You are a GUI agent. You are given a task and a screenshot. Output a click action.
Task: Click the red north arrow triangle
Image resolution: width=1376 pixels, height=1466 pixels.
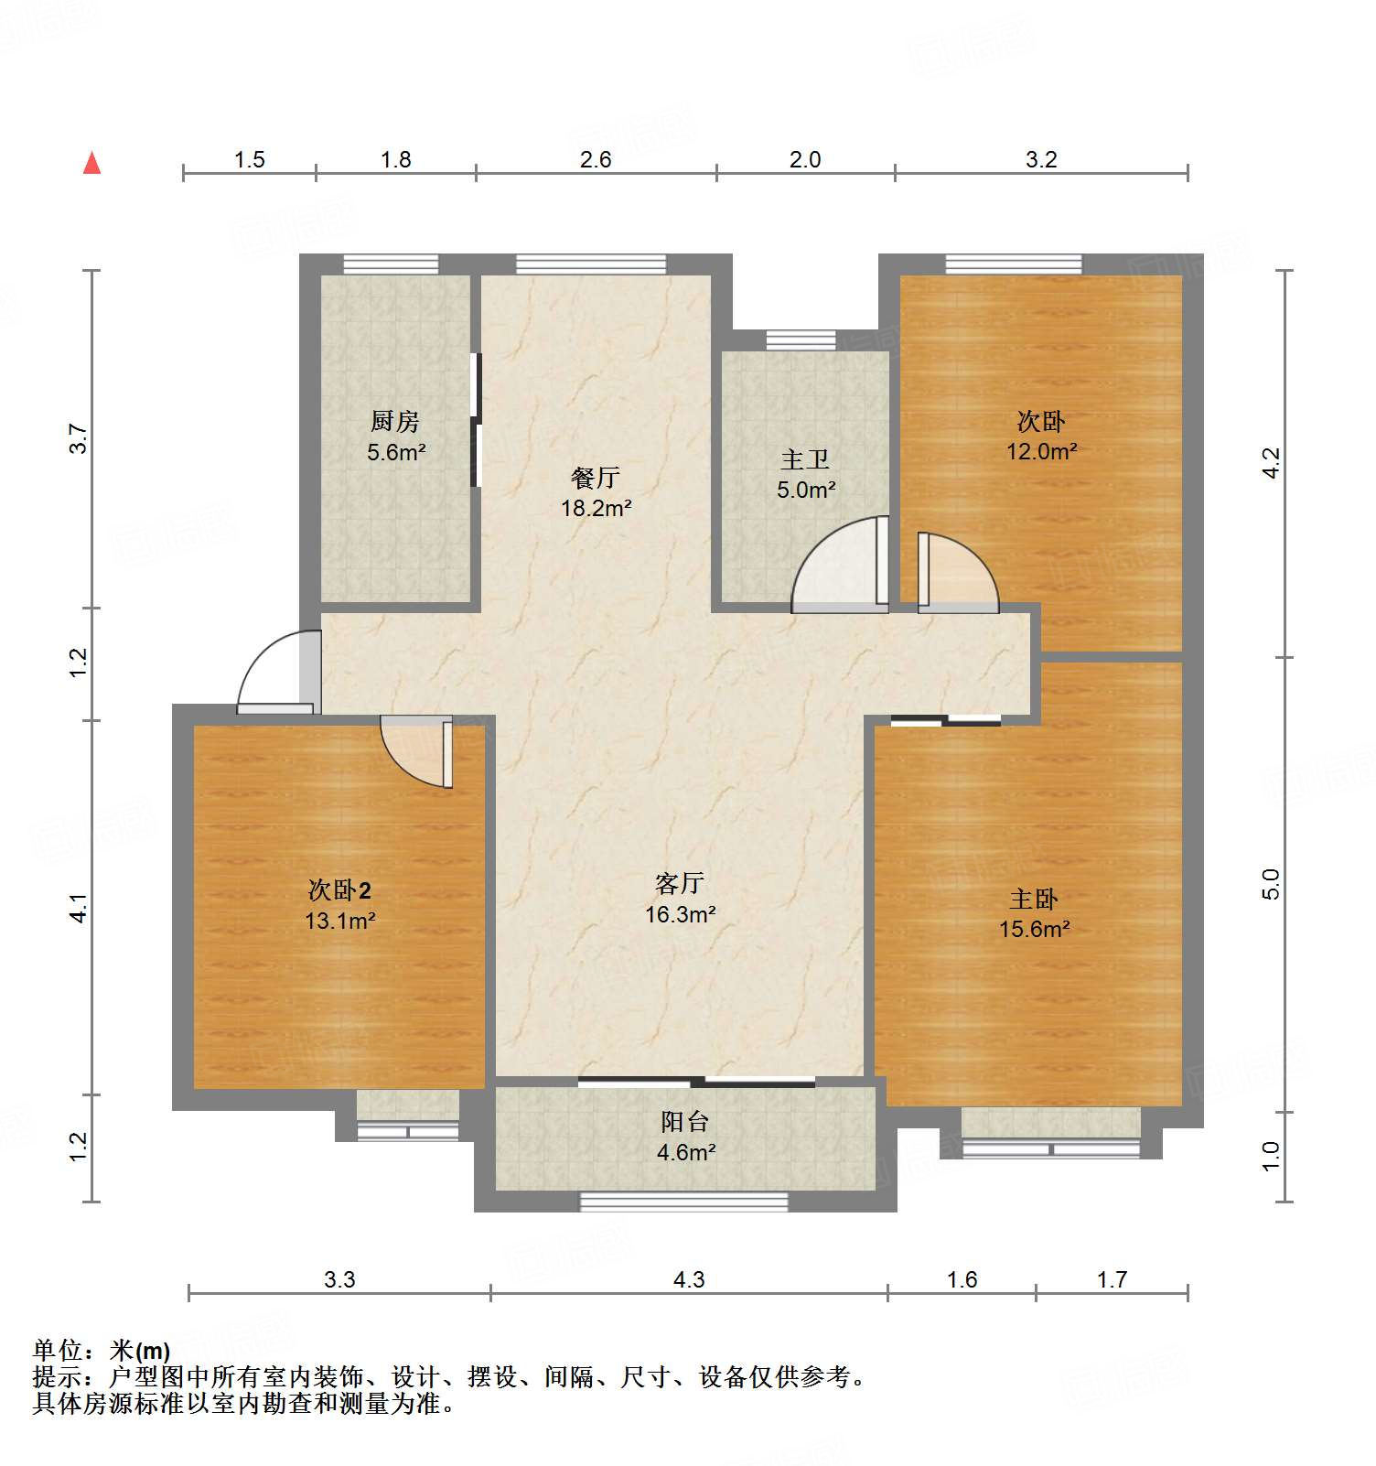tap(91, 164)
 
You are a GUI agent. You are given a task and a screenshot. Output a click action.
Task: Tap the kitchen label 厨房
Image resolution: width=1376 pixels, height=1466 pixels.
tap(395, 421)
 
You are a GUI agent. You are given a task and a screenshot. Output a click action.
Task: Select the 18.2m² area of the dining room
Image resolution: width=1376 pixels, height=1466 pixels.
tap(597, 508)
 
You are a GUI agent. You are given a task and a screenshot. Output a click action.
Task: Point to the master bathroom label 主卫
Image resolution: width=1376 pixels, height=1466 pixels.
tap(805, 459)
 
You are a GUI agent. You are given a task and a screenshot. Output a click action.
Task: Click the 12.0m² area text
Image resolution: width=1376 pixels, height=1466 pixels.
tap(1041, 451)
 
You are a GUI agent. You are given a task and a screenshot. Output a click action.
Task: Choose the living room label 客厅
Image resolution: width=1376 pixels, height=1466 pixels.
tap(680, 883)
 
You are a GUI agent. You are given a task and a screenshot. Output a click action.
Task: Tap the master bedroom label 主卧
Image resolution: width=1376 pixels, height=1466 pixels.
tap(1034, 899)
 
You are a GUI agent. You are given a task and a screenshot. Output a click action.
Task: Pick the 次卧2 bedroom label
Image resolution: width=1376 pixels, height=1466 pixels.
tap(339, 889)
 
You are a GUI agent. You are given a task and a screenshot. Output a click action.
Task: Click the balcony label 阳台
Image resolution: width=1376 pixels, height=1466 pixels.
tap(685, 1122)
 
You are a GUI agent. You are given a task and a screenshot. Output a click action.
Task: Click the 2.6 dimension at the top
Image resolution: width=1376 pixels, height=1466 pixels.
tap(596, 160)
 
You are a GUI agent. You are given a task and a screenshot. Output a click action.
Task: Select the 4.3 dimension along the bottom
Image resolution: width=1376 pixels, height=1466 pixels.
tap(689, 1279)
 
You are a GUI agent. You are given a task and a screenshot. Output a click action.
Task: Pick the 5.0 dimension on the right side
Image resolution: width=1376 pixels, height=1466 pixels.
tap(1271, 884)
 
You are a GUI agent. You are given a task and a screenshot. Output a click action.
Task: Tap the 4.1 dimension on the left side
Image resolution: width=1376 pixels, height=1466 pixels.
tap(80, 908)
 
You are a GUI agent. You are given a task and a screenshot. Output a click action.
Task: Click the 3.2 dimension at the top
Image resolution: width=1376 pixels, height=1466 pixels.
tap(1041, 160)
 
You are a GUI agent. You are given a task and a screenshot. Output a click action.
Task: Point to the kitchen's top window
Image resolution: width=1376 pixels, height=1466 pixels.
tap(391, 264)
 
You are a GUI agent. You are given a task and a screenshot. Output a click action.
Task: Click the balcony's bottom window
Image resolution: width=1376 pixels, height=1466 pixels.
tap(683, 1202)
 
